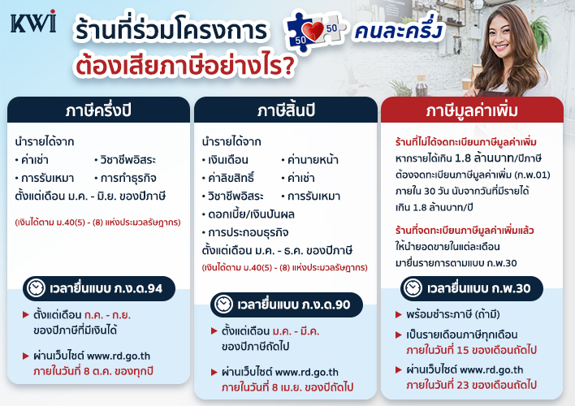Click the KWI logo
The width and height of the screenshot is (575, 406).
[33, 22]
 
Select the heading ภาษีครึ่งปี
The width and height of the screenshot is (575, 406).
[98, 110]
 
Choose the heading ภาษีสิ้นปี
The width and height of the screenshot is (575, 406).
[286, 110]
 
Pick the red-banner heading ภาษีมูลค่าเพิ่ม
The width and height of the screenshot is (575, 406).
[472, 110]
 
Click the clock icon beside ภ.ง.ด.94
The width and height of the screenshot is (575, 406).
[37, 288]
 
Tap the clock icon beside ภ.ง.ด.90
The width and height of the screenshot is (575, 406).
[223, 304]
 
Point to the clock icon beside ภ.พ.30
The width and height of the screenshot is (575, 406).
[413, 288]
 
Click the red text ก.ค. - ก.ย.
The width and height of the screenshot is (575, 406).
[107, 315]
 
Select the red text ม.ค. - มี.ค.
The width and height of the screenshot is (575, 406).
[296, 331]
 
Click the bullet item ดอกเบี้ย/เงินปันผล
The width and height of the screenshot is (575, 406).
[249, 214]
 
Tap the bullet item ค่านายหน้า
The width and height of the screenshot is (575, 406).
[310, 160]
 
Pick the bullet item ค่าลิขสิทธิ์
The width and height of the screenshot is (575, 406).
[228, 178]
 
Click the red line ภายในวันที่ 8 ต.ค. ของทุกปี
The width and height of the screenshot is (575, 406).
[93, 371]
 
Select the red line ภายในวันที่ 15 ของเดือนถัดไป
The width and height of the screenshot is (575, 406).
[471, 350]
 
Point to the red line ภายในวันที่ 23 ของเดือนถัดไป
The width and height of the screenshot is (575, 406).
[471, 385]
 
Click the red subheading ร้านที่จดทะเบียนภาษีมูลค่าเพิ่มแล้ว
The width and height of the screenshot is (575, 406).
[465, 231]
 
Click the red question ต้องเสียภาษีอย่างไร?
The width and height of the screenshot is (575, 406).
[185, 65]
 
